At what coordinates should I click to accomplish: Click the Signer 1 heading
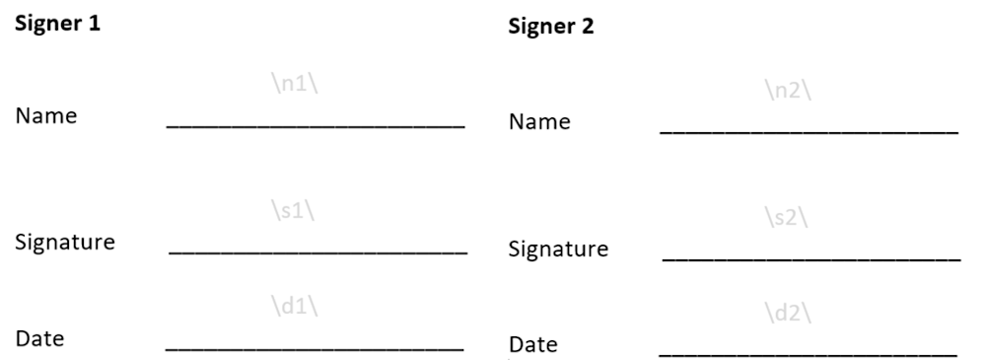pyautogui.click(x=57, y=25)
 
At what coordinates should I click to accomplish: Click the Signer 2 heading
pyautogui.click(x=551, y=27)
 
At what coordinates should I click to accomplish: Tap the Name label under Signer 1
pyautogui.click(x=45, y=115)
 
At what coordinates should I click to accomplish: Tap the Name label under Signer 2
pyautogui.click(x=539, y=122)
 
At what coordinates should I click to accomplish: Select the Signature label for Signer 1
pyautogui.click(x=65, y=242)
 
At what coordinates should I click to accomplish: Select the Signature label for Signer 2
pyautogui.click(x=558, y=249)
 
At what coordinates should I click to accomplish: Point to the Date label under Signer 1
pyautogui.click(x=40, y=339)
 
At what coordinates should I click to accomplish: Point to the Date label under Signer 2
pyautogui.click(x=533, y=345)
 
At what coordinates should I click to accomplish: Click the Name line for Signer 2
pyautogui.click(x=809, y=132)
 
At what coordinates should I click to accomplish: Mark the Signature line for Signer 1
pyautogui.click(x=317, y=254)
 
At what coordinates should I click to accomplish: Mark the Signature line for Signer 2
pyautogui.click(x=810, y=259)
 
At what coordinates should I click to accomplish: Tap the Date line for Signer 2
pyautogui.click(x=808, y=354)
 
